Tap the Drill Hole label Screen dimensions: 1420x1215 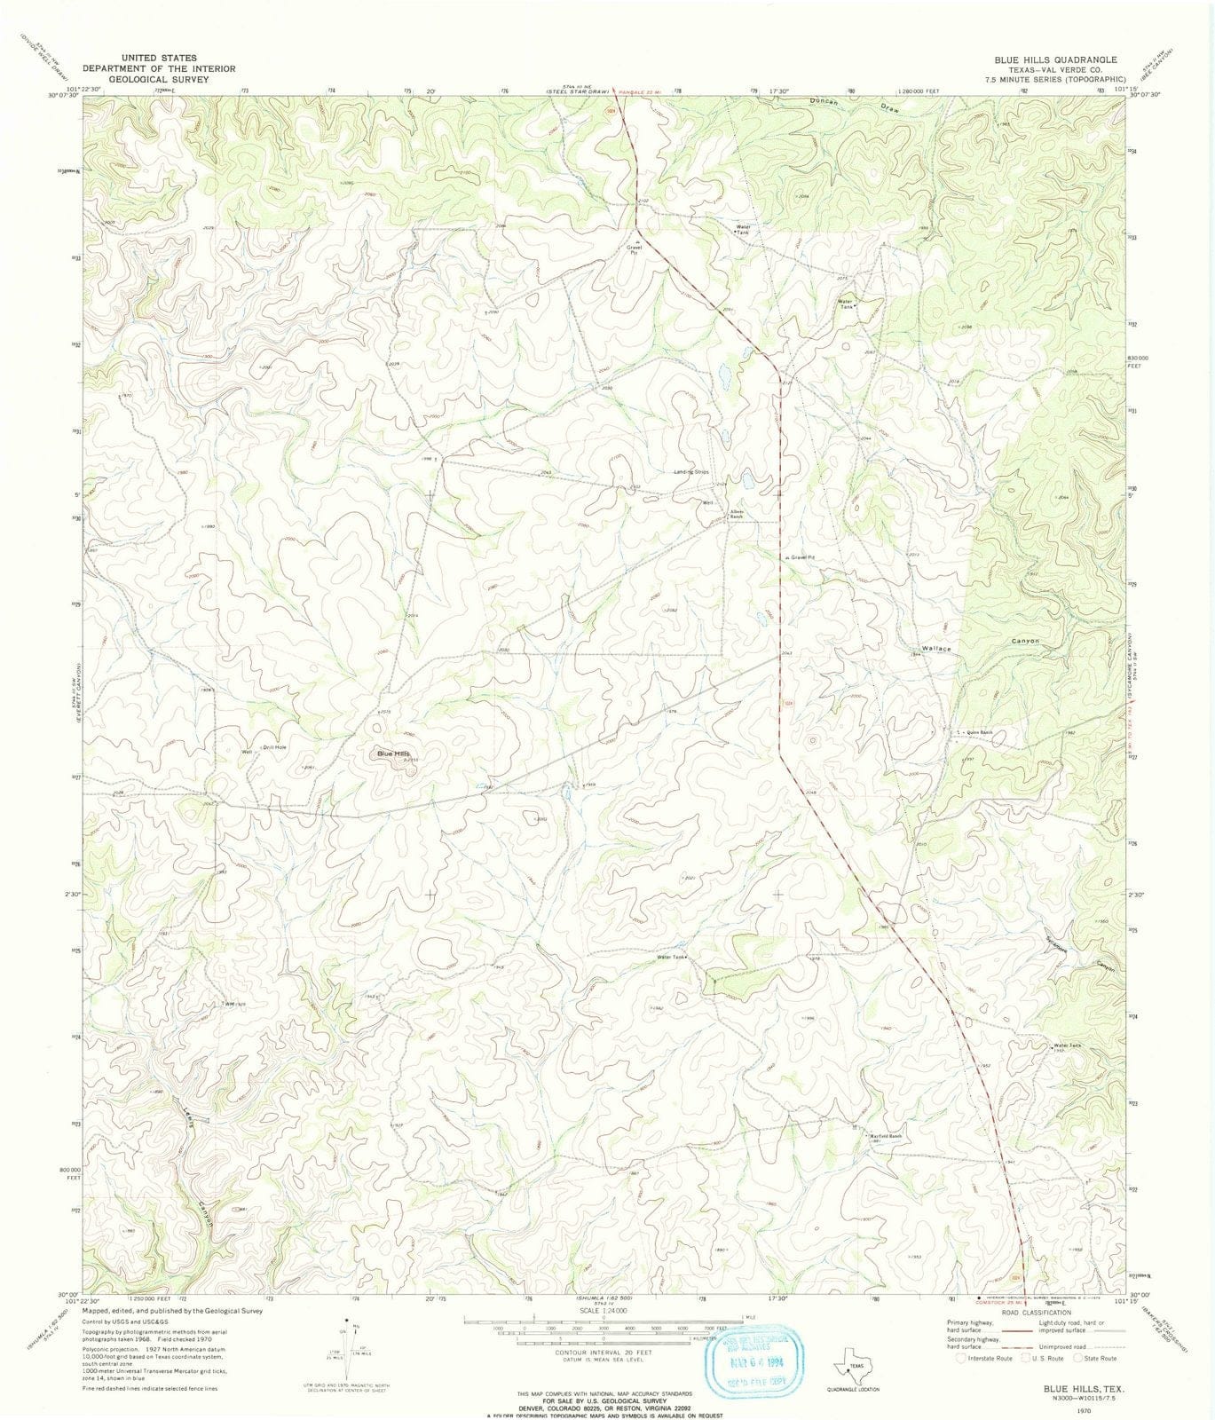pyautogui.click(x=274, y=747)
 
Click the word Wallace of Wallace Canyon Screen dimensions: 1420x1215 pyautogui.click(x=935, y=650)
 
